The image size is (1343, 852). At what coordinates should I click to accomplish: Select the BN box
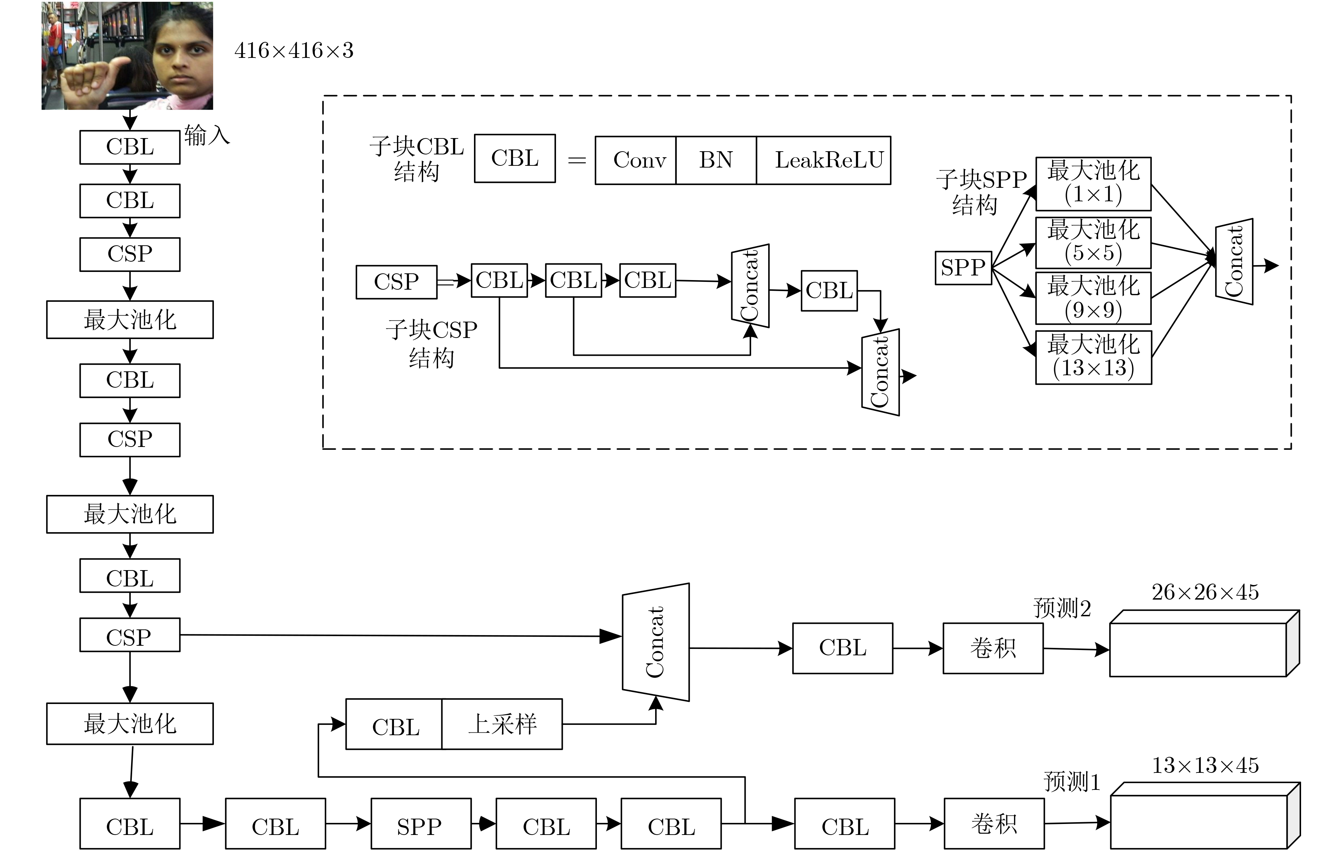[x=716, y=160]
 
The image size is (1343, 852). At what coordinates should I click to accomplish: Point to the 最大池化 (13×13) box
[x=1093, y=357]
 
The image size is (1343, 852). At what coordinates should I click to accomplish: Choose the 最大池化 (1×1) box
[x=1093, y=183]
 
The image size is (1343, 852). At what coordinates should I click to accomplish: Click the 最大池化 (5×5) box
[x=1093, y=242]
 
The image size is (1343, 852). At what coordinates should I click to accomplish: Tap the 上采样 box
[x=502, y=724]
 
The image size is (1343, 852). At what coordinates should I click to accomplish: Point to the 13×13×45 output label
[x=1205, y=765]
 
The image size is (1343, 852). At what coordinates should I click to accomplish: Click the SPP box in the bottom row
[x=421, y=824]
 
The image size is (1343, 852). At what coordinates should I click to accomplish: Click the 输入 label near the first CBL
[x=207, y=135]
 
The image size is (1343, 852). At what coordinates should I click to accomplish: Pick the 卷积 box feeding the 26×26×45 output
[x=993, y=648]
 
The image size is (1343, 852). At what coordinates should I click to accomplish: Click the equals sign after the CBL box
[x=577, y=160]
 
